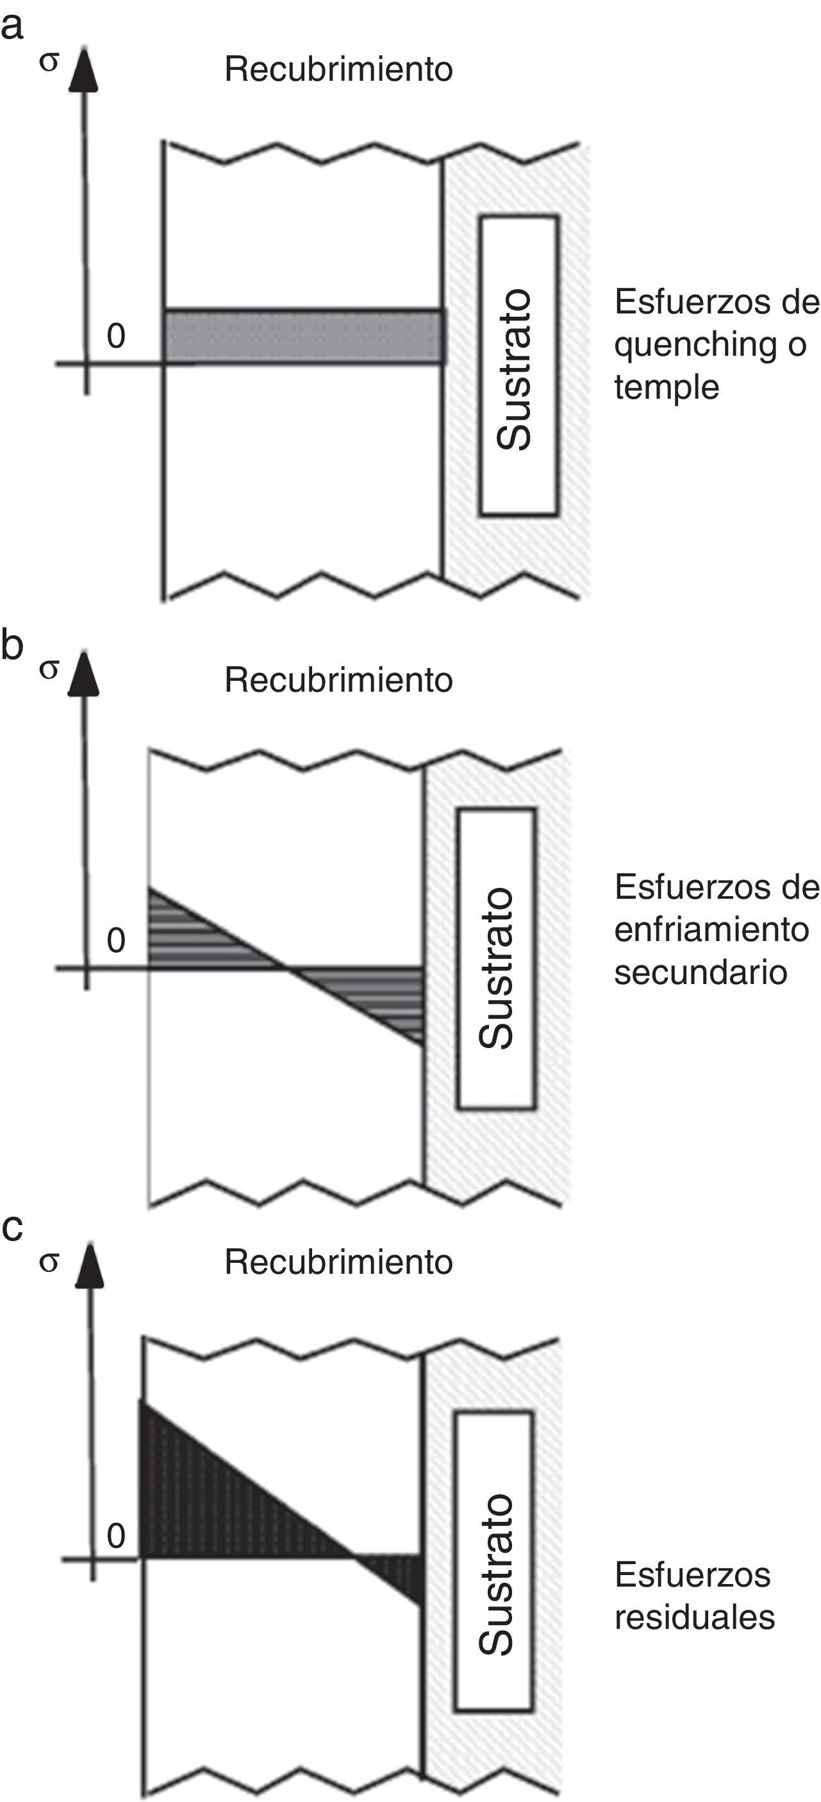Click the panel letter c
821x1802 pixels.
pyautogui.click(x=12, y=1228)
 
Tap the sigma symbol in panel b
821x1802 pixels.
pyautogui.click(x=48, y=669)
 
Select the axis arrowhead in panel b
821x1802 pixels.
pyautogui.click(x=84, y=675)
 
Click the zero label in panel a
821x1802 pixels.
pyautogui.click(x=116, y=336)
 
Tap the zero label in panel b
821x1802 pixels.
pyautogui.click(x=116, y=940)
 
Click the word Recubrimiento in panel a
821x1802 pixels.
pyautogui.click(x=338, y=69)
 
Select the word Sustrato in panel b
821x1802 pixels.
pyautogui.click(x=497, y=968)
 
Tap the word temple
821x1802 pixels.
pyautogui.click(x=667, y=387)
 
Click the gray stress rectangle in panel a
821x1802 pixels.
pyautogui.click(x=304, y=337)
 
